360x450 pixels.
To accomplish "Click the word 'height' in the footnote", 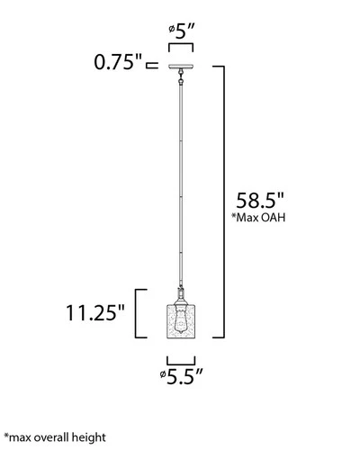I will click(87, 436).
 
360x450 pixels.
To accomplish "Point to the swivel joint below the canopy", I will click(181, 81).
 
